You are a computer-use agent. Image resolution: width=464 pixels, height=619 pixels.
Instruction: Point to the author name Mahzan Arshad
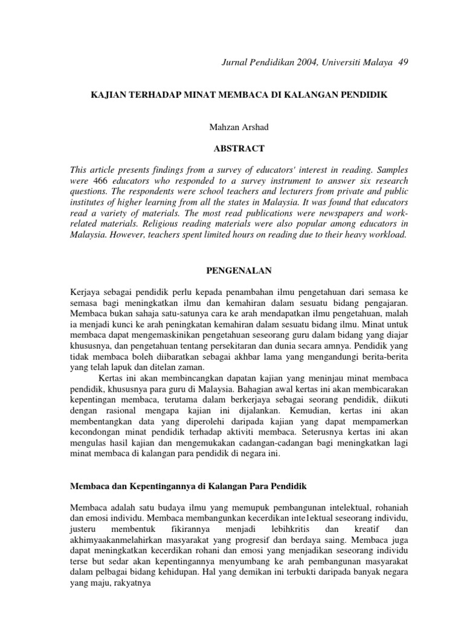click(232, 128)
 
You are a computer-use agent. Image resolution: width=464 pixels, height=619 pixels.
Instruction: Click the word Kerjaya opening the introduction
click(86, 293)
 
